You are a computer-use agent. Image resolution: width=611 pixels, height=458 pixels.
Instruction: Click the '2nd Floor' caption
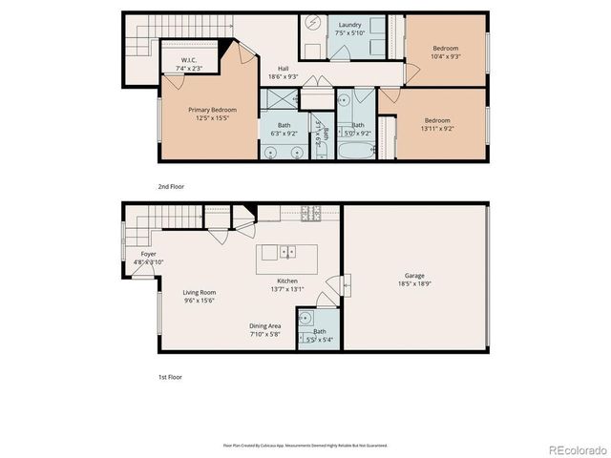pyautogui.click(x=171, y=186)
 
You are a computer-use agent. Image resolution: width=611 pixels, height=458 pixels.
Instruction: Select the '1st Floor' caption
pyautogui.click(x=170, y=377)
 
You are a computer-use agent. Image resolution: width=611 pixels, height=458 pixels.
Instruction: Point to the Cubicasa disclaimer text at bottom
pyautogui.click(x=305, y=445)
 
